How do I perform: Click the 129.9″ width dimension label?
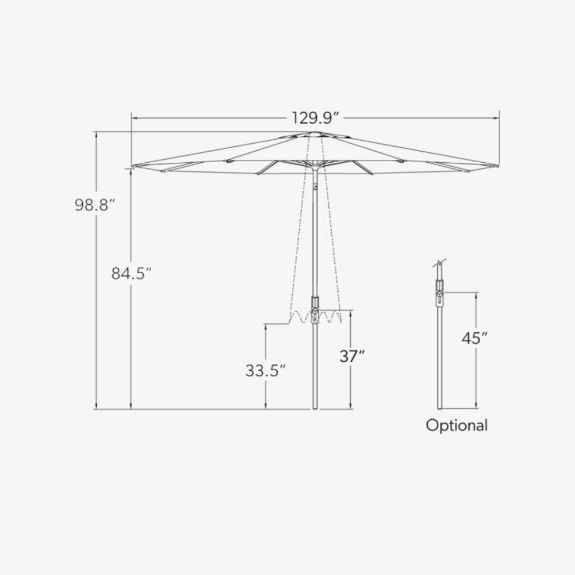coord(315,118)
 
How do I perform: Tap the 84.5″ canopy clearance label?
coord(131,273)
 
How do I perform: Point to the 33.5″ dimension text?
coord(265,370)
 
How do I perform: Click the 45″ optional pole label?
coord(474,338)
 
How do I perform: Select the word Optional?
coord(457,425)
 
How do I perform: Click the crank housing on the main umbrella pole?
coord(315,310)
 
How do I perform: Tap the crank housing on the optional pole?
coord(439,293)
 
